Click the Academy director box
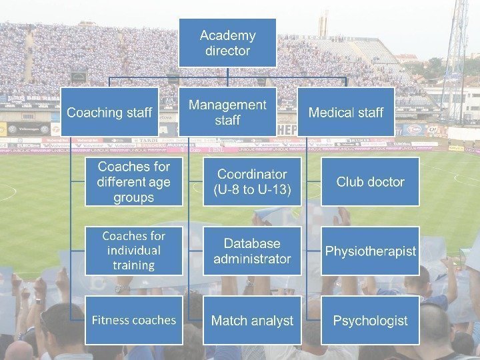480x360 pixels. click(x=227, y=43)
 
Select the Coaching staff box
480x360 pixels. click(x=109, y=112)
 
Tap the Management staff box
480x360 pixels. click(x=227, y=112)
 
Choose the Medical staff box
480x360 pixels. click(x=345, y=112)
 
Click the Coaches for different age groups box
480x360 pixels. click(x=133, y=181)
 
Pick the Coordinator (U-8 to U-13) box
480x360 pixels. click(x=252, y=181)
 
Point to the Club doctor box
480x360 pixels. click(x=370, y=181)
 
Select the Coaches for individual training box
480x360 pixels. click(x=133, y=251)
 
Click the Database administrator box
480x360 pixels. click(x=252, y=251)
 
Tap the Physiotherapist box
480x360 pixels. click(x=370, y=251)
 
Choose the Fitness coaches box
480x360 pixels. click(x=133, y=320)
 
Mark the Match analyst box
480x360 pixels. click(x=252, y=320)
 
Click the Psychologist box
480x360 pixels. click(x=370, y=320)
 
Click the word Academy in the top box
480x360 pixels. click(x=227, y=35)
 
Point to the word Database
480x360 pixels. click(x=252, y=243)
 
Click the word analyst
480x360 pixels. click(x=271, y=321)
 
